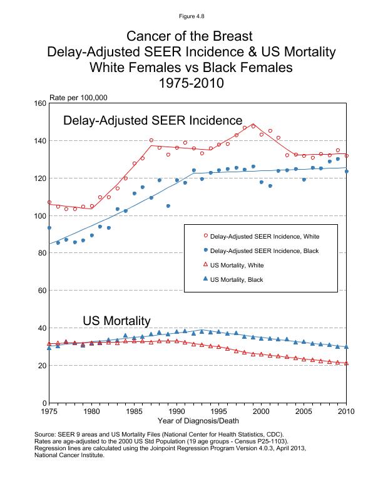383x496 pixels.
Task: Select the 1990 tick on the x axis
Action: click(x=176, y=412)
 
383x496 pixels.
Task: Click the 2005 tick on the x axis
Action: click(x=304, y=412)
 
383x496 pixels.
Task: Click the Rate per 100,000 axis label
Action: click(x=78, y=97)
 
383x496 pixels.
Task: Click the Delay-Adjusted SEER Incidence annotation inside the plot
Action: click(x=153, y=120)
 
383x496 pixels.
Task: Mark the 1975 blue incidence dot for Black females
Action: click(x=49, y=228)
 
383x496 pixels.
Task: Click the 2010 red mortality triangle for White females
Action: click(x=346, y=363)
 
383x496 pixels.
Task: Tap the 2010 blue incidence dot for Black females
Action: click(x=346, y=171)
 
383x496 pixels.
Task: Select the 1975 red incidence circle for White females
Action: click(x=49, y=202)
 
